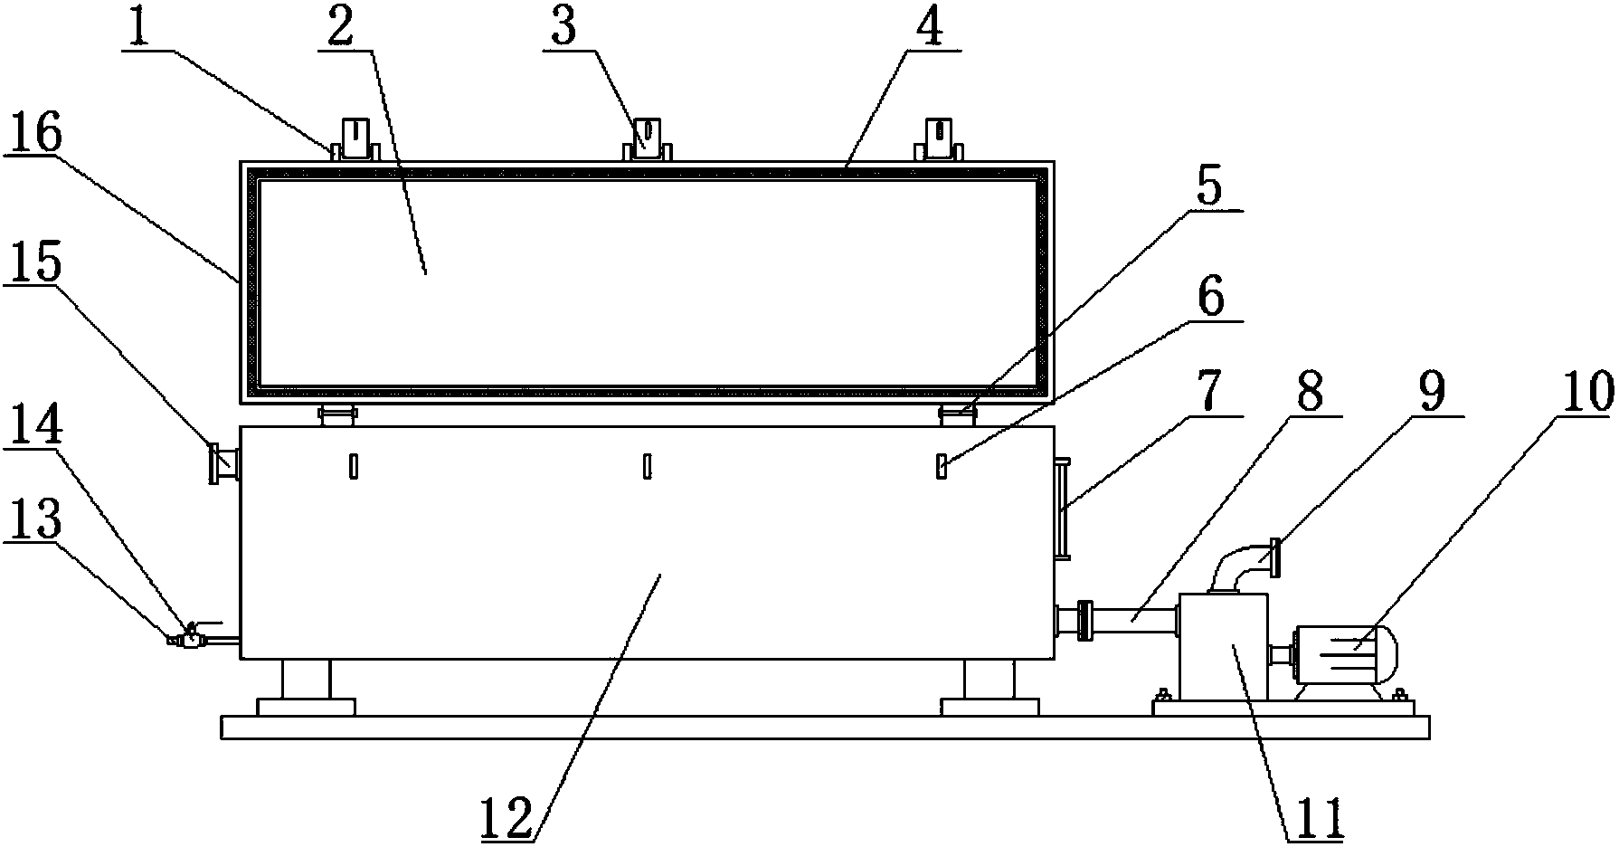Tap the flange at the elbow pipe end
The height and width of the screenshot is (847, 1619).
coord(1273,557)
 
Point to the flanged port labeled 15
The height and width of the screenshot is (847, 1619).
coord(223,463)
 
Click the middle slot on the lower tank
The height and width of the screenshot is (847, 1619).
coord(648,466)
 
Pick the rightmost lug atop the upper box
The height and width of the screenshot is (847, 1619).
coord(941,140)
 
